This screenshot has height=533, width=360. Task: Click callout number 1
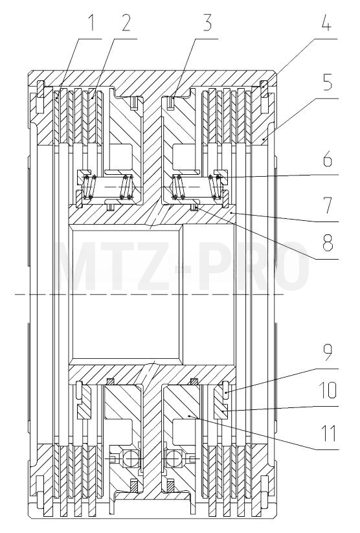pyautogui.click(x=90, y=23)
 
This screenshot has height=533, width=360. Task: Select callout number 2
pyautogui.click(x=126, y=23)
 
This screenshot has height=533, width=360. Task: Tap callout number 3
pyautogui.click(x=207, y=23)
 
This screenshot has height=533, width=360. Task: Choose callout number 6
pyautogui.click(x=327, y=160)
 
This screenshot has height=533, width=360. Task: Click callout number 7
pyautogui.click(x=327, y=206)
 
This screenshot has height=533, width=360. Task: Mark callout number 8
pyautogui.click(x=327, y=244)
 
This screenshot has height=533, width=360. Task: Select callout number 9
pyautogui.click(x=327, y=353)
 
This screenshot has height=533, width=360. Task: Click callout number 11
pyautogui.click(x=328, y=433)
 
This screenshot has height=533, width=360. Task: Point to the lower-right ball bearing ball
pyautogui.click(x=175, y=459)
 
